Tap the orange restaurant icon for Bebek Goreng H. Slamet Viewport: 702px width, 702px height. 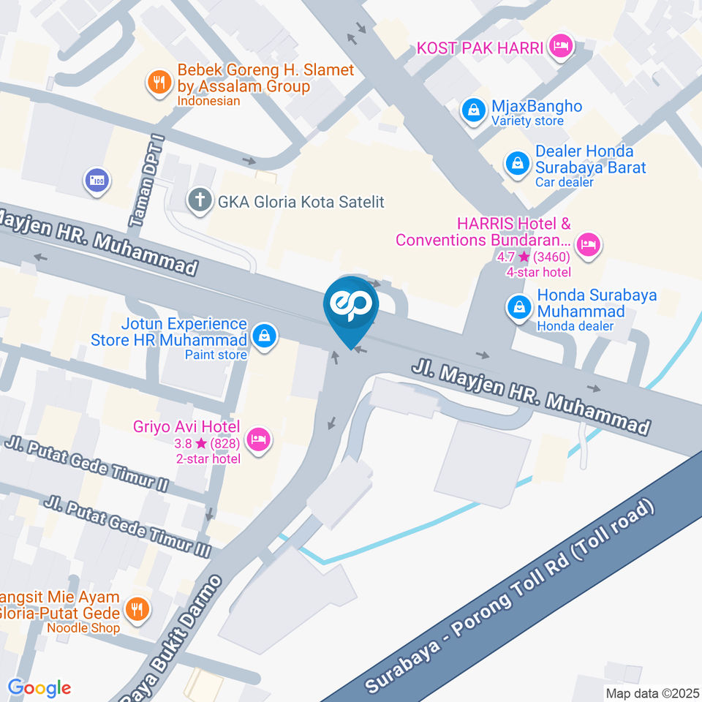(x=158, y=82)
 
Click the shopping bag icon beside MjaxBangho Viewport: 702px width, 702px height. (x=474, y=111)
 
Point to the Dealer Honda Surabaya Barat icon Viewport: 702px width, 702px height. (x=517, y=164)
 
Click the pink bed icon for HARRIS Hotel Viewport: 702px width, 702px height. (x=587, y=246)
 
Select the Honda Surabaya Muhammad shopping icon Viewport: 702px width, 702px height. (x=518, y=307)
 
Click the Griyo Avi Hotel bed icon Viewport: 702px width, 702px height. (x=259, y=439)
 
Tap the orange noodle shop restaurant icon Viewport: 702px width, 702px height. (x=136, y=608)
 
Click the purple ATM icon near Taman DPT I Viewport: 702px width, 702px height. (x=97, y=180)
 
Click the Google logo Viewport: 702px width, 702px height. (x=39, y=687)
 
